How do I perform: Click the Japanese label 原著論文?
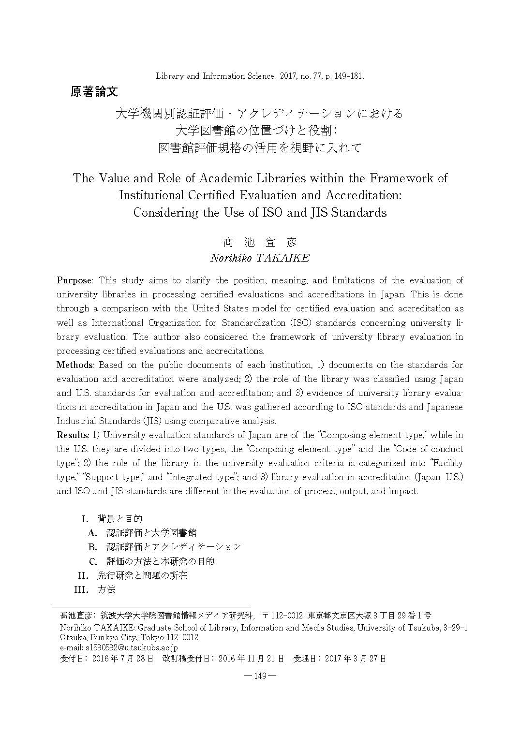94,91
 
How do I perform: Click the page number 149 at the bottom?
260,676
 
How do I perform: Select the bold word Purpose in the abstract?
74,280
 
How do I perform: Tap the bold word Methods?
74,365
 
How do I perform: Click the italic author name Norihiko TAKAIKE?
260,258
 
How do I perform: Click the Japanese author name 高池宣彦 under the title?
260,242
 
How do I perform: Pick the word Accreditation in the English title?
363,195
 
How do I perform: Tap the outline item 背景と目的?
120,519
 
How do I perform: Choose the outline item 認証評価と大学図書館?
151,533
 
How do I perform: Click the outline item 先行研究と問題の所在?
142,575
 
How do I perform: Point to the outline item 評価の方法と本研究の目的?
161,561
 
